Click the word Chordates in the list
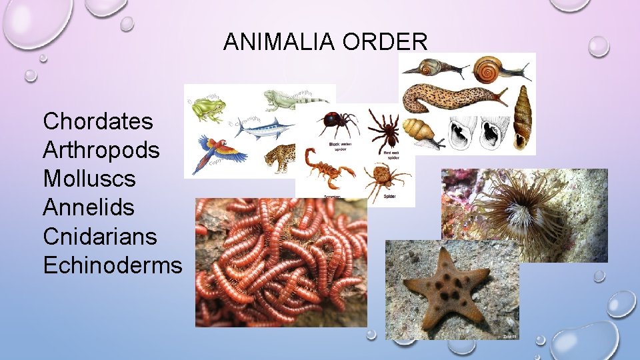(98, 121)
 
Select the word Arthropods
(101, 150)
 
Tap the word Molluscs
(89, 179)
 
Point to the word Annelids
(89, 207)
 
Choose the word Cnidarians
(100, 236)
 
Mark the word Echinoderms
(112, 265)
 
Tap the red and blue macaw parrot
(213, 153)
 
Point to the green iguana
(293, 100)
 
